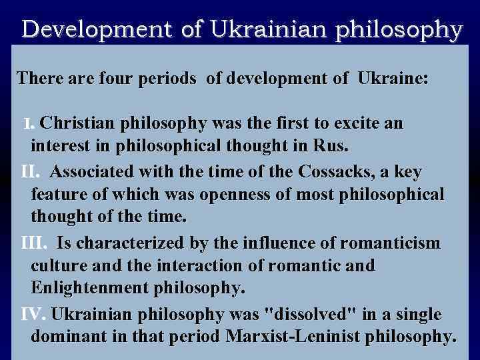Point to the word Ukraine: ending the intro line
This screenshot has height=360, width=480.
pos(393,79)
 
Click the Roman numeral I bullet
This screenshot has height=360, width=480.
pos(28,124)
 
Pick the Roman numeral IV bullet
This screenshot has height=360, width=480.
pos(33,314)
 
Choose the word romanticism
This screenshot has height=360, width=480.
pos(383,243)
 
